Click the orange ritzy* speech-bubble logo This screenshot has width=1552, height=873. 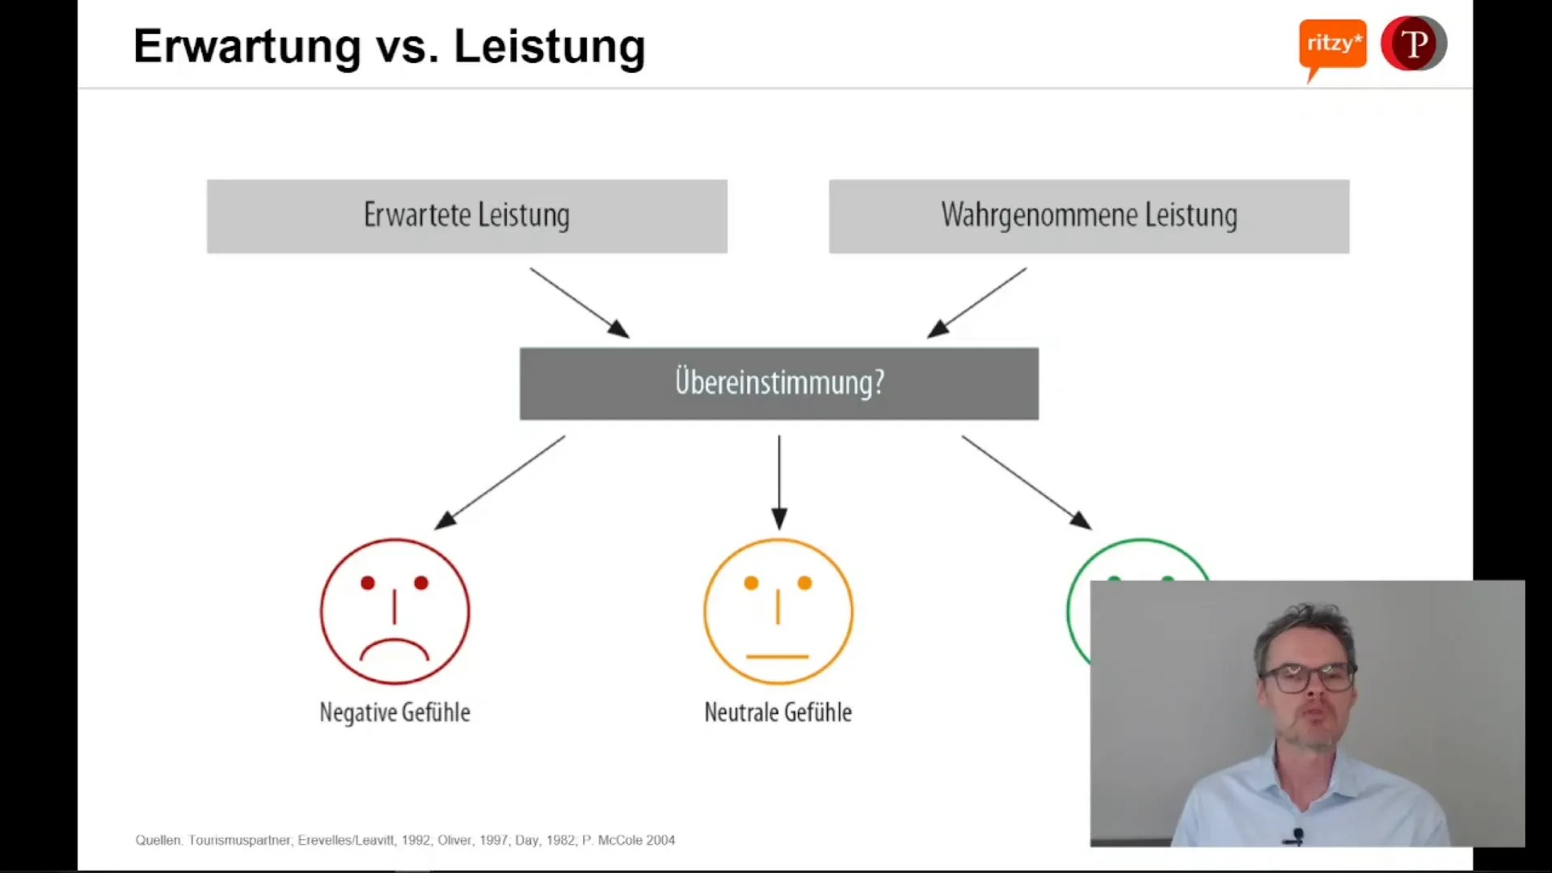pos(1332,44)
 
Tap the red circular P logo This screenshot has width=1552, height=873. pos(1413,44)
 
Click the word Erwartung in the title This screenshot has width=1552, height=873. pos(247,47)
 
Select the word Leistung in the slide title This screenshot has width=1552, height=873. pos(549,47)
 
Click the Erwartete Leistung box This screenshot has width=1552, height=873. pos(466,216)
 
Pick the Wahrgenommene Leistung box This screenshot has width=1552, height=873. pos(1088,216)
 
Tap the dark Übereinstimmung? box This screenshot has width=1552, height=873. pos(778,383)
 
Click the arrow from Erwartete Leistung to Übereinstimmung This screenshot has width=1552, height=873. pos(579,302)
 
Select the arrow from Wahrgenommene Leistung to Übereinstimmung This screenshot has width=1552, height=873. pos(976,302)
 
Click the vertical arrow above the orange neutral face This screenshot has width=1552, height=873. pos(779,483)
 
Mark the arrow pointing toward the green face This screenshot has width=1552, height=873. pos(1026,483)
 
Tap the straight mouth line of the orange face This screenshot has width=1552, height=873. pos(777,656)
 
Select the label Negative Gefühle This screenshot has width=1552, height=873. pos(394,712)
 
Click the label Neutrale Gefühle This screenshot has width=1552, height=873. pos(778,712)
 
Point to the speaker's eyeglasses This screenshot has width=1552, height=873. pos(1307,677)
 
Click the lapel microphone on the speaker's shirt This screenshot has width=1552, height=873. pos(1297,834)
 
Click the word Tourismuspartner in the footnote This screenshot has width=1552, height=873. pos(239,840)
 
